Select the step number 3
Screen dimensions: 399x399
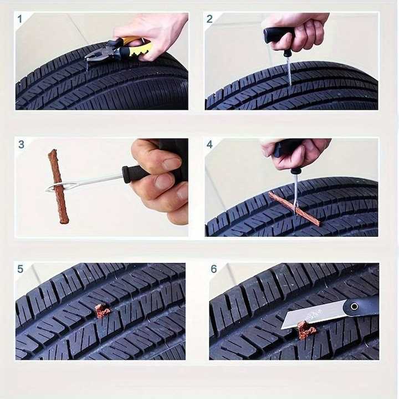point(21,145)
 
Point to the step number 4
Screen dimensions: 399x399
point(209,145)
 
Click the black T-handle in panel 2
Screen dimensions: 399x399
point(277,35)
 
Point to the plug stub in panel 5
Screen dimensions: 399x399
point(102,311)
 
